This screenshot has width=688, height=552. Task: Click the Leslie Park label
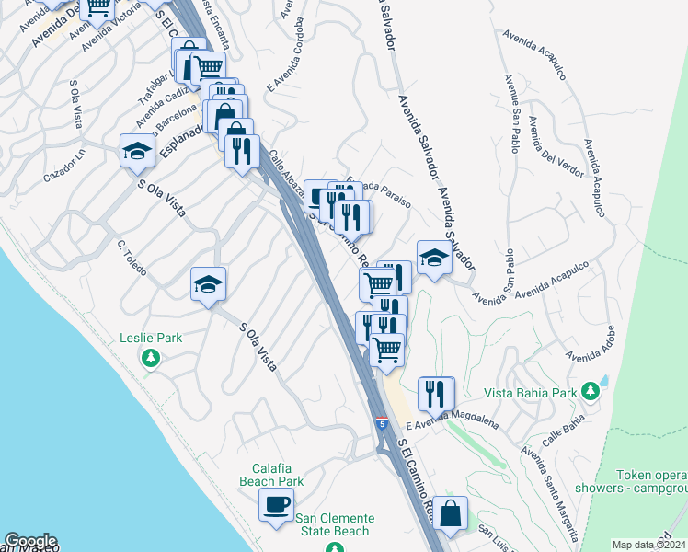(151, 338)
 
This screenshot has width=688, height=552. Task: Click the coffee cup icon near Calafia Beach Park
(276, 504)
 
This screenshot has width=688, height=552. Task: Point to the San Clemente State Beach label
(333, 524)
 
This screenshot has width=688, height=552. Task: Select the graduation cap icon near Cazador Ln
(137, 151)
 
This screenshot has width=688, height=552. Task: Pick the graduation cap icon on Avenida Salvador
(433, 258)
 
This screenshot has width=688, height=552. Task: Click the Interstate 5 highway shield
(381, 424)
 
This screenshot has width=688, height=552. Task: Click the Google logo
(30, 541)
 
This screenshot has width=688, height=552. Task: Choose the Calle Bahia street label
(562, 434)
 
